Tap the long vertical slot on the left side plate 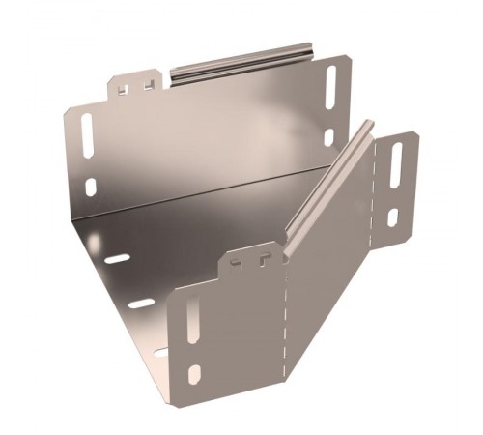88,135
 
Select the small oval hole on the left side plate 90,187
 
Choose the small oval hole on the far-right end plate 392,218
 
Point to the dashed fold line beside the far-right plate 372,193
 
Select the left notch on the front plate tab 240,258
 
